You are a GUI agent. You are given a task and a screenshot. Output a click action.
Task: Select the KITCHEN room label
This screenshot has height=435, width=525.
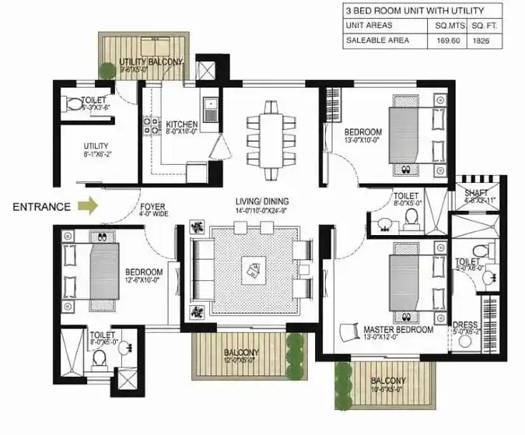click(x=182, y=125)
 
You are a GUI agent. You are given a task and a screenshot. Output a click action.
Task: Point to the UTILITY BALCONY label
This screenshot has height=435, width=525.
click(x=152, y=61)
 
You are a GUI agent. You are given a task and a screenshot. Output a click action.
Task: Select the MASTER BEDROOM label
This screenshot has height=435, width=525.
click(x=398, y=330)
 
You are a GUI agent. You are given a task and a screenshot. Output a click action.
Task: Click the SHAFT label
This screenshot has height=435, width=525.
click(x=476, y=194)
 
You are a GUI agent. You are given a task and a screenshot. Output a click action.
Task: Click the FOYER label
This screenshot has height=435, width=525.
click(x=153, y=205)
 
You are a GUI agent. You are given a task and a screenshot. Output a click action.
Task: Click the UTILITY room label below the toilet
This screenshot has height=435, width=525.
click(x=96, y=146)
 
